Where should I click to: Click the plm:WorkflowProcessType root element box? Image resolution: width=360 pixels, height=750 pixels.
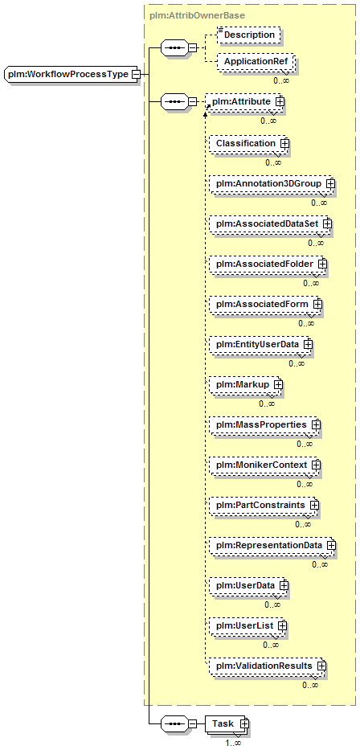coord(72,75)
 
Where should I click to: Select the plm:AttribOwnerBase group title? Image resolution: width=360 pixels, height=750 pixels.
coord(197,15)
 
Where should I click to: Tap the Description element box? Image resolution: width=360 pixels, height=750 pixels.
coord(247,35)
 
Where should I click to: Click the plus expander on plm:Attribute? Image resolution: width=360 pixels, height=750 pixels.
coord(280,101)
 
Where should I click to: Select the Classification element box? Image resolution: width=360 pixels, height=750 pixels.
coord(248,144)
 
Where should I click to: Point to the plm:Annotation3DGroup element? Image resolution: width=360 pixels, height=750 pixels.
coord(272,183)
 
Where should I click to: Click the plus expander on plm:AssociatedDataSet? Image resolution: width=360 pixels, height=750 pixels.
coord(327,223)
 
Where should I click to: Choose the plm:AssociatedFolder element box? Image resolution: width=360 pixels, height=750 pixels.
coord(268,264)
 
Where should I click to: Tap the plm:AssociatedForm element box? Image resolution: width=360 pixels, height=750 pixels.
coord(266,304)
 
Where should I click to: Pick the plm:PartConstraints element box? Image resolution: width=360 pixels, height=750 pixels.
coord(264,505)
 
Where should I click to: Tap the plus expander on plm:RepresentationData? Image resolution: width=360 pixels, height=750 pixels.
coord(330,545)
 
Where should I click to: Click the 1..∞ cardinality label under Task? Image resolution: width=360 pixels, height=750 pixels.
coord(233,743)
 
